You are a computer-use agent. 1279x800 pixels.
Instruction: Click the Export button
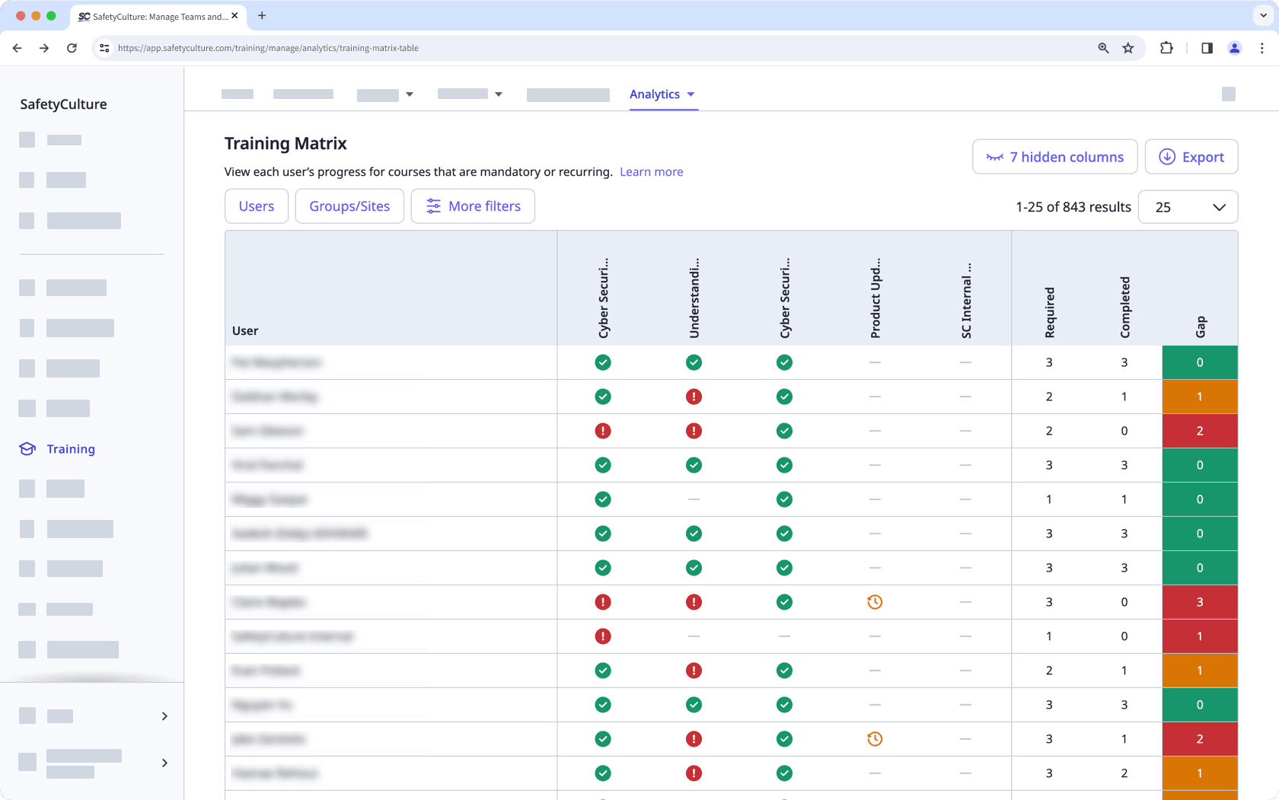click(1191, 157)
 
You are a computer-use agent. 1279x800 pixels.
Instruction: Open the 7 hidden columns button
click(1054, 157)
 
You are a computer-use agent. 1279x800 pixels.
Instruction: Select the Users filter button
click(257, 206)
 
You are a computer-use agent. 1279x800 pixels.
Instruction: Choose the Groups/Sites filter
click(349, 206)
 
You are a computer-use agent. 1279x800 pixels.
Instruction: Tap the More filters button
click(473, 206)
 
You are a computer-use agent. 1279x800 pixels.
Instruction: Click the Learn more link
click(651, 172)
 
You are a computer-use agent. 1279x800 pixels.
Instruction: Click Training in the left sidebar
click(70, 449)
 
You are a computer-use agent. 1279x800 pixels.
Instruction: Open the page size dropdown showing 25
click(1188, 207)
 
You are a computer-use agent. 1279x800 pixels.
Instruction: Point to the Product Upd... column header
click(876, 298)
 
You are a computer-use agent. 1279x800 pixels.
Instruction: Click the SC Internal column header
click(966, 301)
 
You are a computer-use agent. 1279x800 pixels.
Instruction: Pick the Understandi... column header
click(694, 298)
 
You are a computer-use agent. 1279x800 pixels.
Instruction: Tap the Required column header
click(1049, 312)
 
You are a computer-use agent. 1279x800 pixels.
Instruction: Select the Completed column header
click(1124, 307)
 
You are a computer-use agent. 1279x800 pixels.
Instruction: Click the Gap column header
click(1200, 327)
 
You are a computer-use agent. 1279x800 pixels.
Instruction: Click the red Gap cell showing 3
click(1200, 602)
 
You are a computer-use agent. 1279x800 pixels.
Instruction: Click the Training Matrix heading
click(285, 143)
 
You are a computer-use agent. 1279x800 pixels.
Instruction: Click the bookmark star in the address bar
click(1128, 48)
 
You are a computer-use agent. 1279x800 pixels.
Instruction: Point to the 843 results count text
click(1073, 207)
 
